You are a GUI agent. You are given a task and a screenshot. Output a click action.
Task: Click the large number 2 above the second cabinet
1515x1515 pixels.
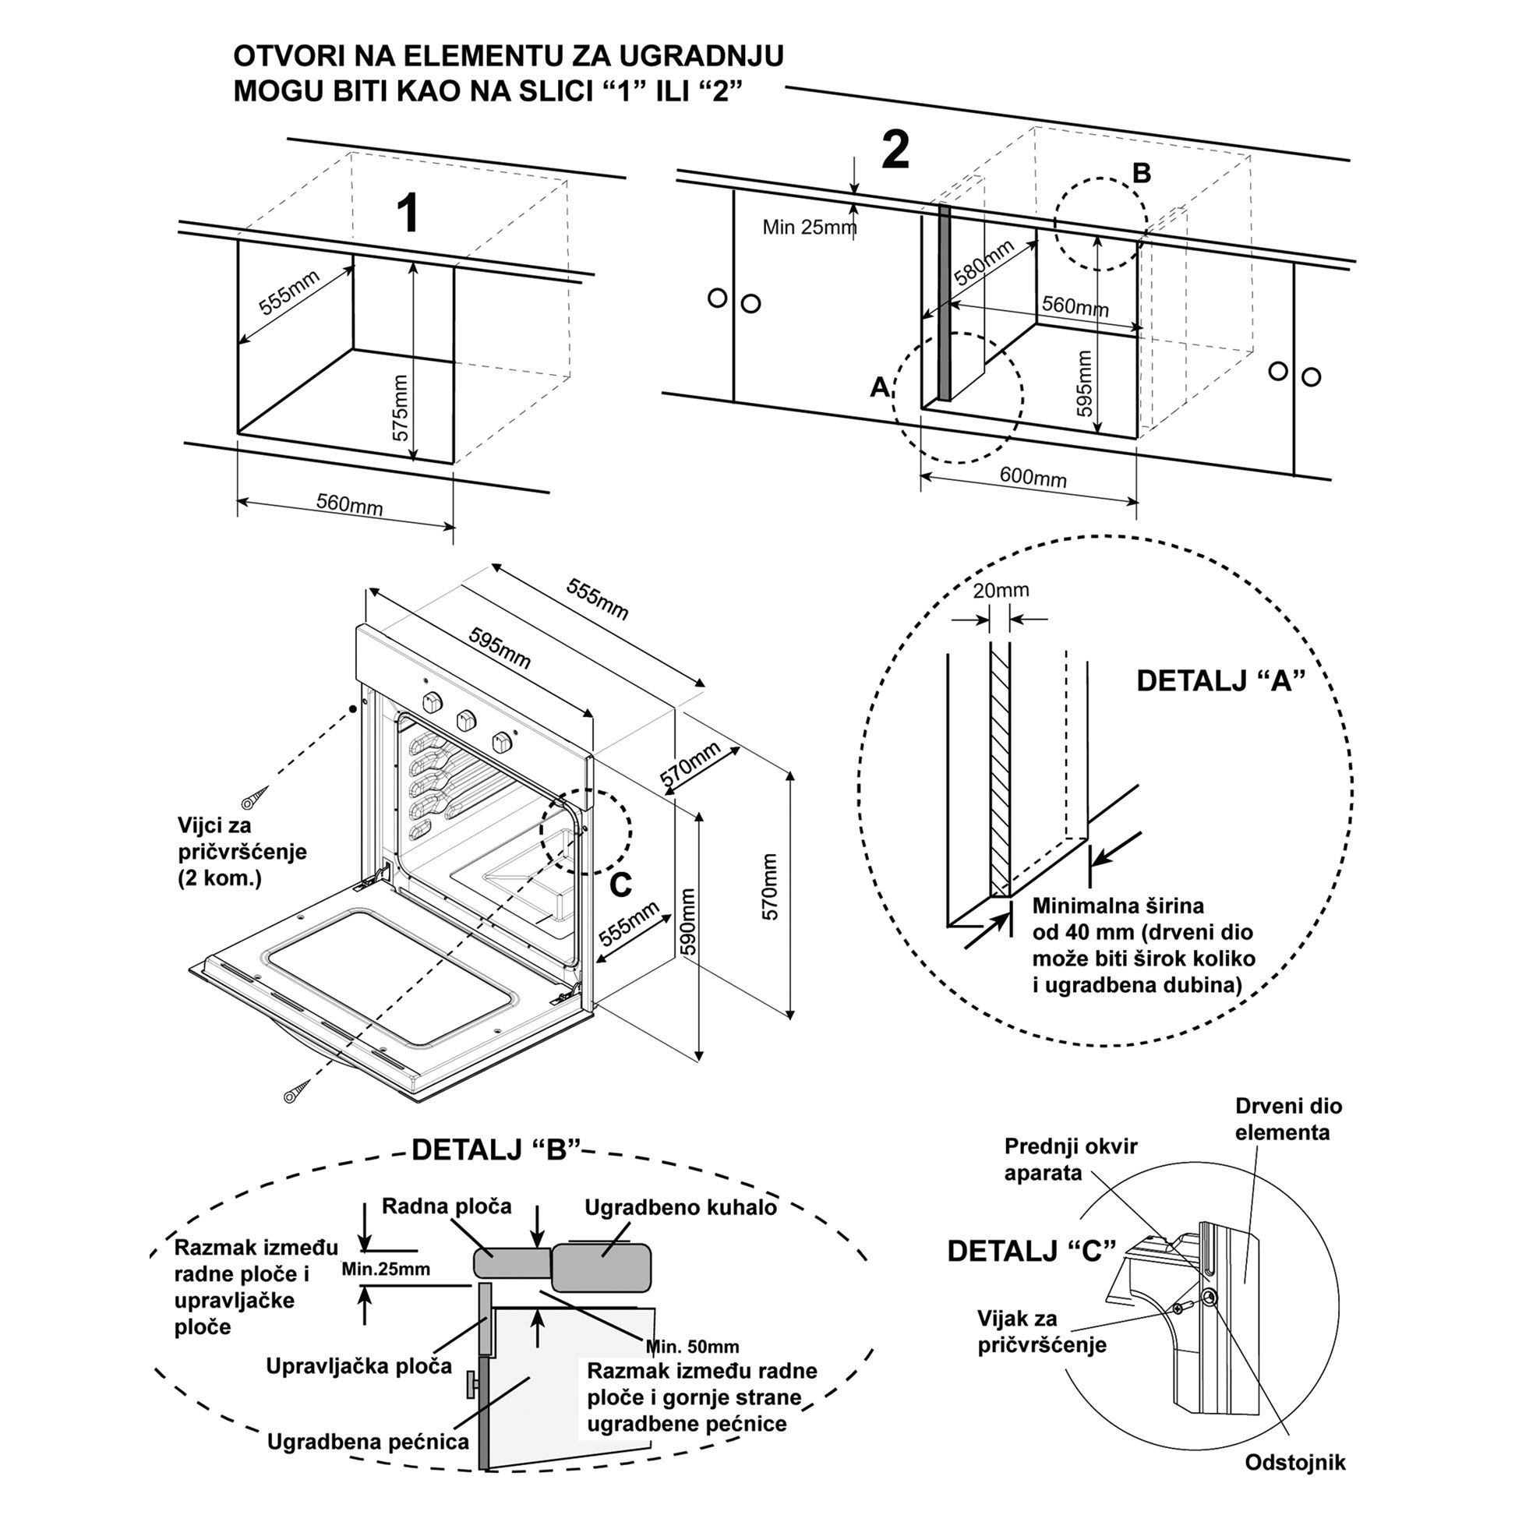click(x=895, y=150)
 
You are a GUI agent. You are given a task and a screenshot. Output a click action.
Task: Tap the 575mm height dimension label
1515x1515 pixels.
click(x=401, y=408)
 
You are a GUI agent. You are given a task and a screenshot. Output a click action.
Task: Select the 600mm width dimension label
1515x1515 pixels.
click(x=1033, y=477)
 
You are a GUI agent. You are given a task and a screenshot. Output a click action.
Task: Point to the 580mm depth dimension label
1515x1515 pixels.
click(x=984, y=263)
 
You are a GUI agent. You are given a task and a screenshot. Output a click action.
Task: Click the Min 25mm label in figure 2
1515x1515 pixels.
click(x=809, y=228)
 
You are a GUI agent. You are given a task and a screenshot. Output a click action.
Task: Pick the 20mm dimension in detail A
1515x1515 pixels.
click(x=1001, y=590)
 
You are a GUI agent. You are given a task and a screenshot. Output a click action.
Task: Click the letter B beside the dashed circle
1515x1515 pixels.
click(x=1142, y=173)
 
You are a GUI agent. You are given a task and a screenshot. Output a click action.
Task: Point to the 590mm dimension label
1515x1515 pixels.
click(x=687, y=922)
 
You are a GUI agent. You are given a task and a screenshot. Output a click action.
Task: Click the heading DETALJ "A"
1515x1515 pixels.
click(x=1221, y=680)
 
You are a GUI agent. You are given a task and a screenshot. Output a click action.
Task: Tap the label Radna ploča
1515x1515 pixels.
click(x=447, y=1206)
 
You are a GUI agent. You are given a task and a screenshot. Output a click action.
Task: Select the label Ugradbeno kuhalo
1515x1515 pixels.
click(x=680, y=1207)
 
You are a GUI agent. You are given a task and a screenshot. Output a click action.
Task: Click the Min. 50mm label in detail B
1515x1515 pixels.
click(x=692, y=1347)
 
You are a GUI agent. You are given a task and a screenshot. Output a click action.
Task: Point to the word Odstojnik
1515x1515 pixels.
click(x=1295, y=1462)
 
